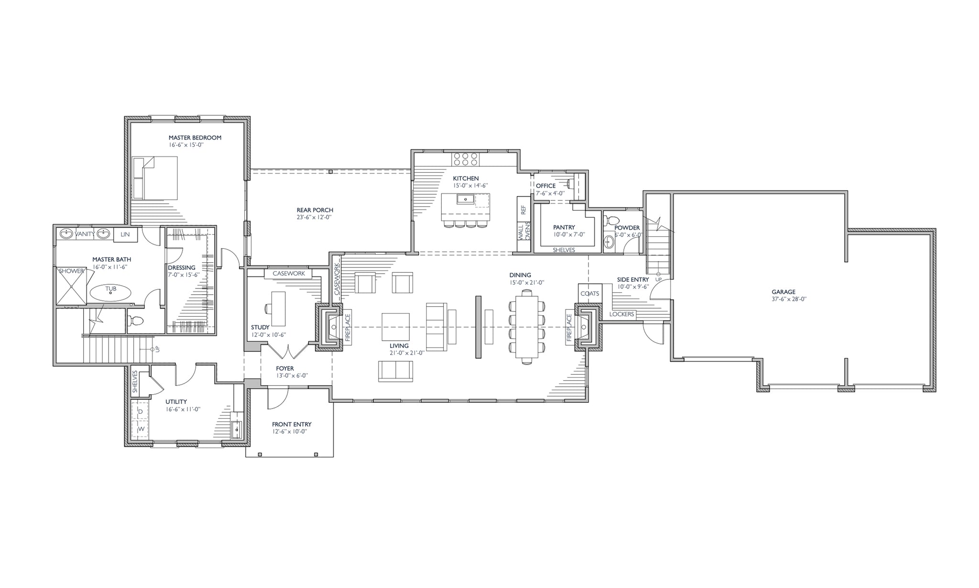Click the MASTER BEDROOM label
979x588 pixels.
[x=195, y=138]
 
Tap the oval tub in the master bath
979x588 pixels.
[x=110, y=292]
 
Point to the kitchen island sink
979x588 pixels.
[x=465, y=199]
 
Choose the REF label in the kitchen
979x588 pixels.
[x=523, y=210]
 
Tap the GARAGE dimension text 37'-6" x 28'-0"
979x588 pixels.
[x=783, y=299]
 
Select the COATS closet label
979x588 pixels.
[x=589, y=294]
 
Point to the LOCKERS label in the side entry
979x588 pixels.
[x=622, y=314]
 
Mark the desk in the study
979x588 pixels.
[x=279, y=309]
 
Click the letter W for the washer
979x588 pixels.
[x=141, y=429]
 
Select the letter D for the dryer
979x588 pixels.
[x=141, y=411]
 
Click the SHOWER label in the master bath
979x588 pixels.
[x=71, y=271]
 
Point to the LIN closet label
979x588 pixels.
[x=125, y=234]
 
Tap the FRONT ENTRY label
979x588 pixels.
[x=292, y=424]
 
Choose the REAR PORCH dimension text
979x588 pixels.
[x=314, y=217]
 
